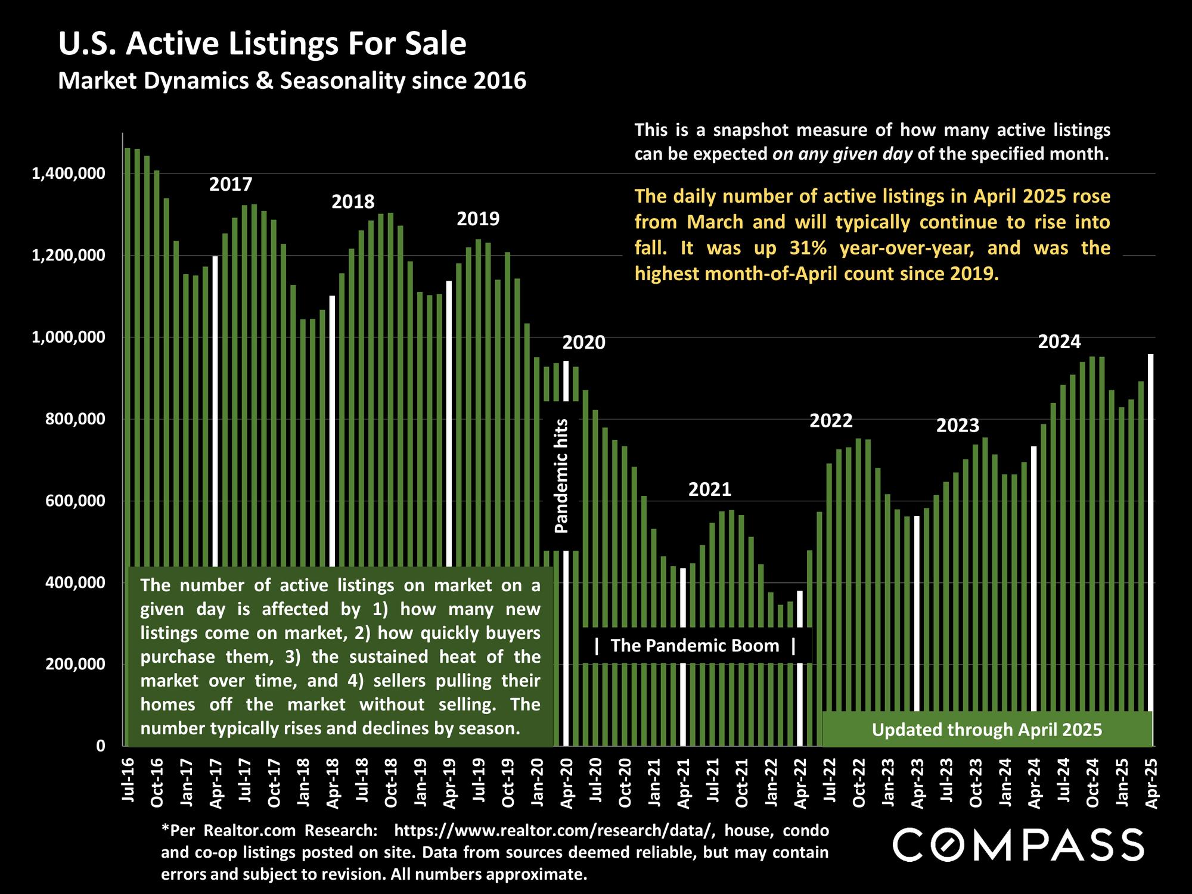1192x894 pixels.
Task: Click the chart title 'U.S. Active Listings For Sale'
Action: tap(262, 44)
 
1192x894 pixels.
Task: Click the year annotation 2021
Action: tap(709, 490)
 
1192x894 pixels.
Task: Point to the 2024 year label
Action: tap(1059, 342)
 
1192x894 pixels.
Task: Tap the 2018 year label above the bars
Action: tap(353, 202)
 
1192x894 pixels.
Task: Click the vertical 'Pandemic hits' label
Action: tap(561, 475)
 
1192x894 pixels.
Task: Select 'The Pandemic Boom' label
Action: tap(695, 645)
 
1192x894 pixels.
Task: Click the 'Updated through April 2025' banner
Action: tap(986, 730)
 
